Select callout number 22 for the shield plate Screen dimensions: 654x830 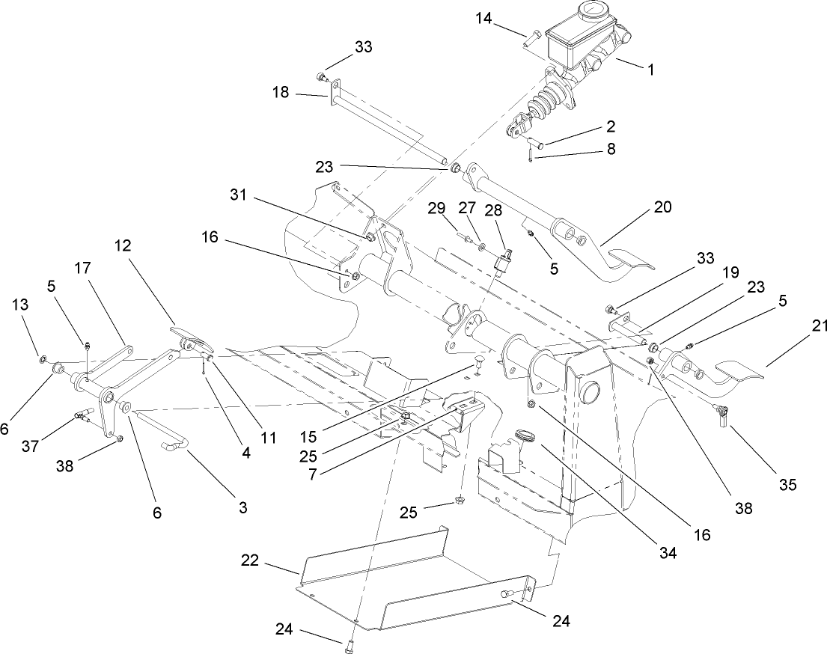tap(250, 560)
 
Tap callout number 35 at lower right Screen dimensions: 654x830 tap(787, 485)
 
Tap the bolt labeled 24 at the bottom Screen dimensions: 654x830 tap(349, 641)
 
